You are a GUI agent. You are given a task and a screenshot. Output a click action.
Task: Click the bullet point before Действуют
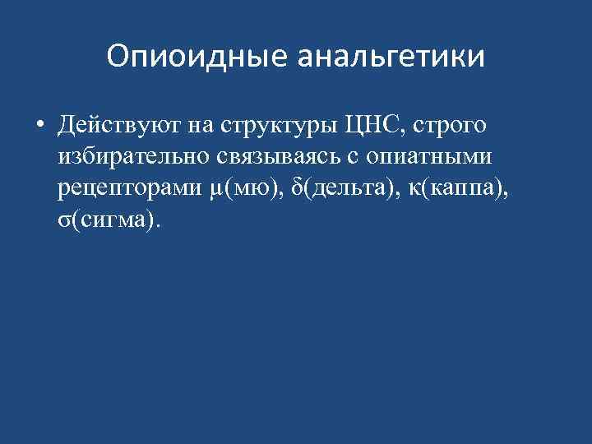(x=39, y=127)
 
